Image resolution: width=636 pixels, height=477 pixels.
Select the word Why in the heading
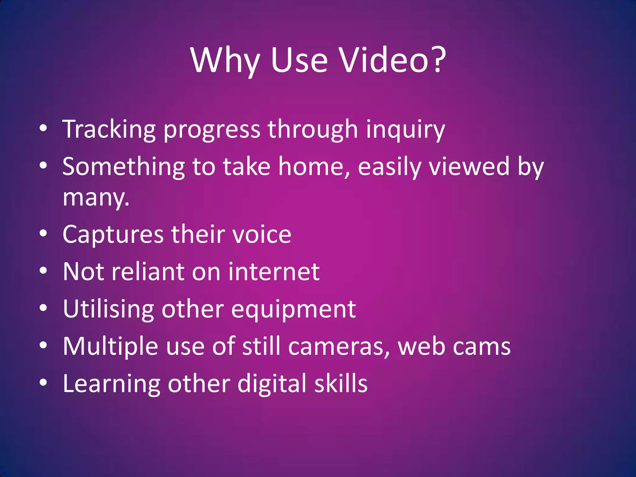(x=225, y=61)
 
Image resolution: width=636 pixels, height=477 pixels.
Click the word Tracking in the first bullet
(x=109, y=129)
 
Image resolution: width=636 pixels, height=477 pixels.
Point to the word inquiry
(x=405, y=129)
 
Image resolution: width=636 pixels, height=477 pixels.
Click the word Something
(x=124, y=167)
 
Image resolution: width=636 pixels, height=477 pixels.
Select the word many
(x=96, y=198)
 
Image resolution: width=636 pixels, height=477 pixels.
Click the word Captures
(x=113, y=234)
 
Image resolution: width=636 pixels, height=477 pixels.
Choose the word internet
(x=274, y=272)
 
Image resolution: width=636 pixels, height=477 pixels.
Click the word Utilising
(x=108, y=309)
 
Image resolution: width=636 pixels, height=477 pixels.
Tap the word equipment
(x=293, y=310)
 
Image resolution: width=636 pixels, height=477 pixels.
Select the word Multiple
(x=110, y=346)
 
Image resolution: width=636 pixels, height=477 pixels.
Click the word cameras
(x=339, y=346)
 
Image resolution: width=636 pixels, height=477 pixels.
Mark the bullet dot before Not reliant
(x=43, y=271)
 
